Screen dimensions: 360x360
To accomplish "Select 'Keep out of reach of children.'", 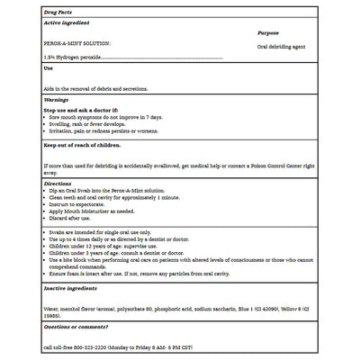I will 82,145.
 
